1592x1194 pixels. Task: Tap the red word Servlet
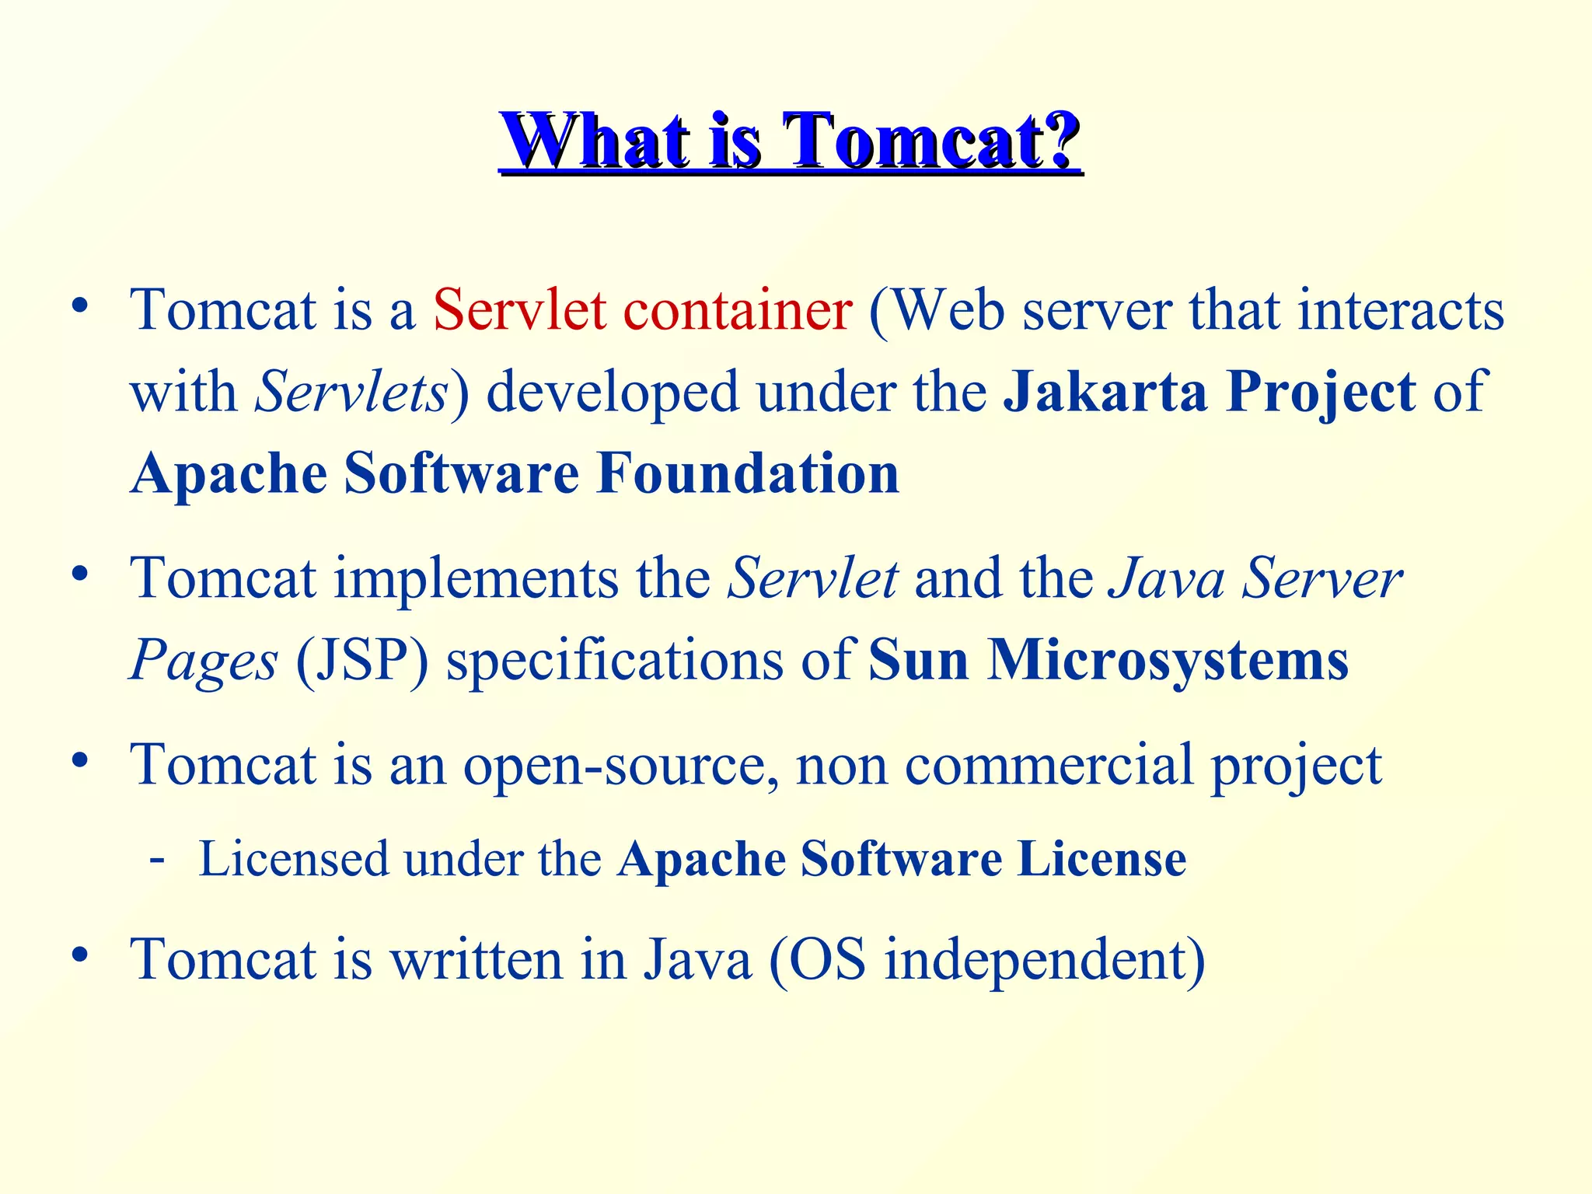[x=519, y=310]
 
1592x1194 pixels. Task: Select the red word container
[x=738, y=310]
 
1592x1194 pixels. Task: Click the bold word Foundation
[x=748, y=473]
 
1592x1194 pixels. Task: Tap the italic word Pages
[x=204, y=661]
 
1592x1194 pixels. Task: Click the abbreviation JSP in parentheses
[x=362, y=661]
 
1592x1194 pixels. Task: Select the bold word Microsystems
[x=1168, y=661]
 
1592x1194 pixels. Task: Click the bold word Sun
[x=918, y=661]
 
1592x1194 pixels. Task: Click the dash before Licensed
[x=157, y=860]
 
